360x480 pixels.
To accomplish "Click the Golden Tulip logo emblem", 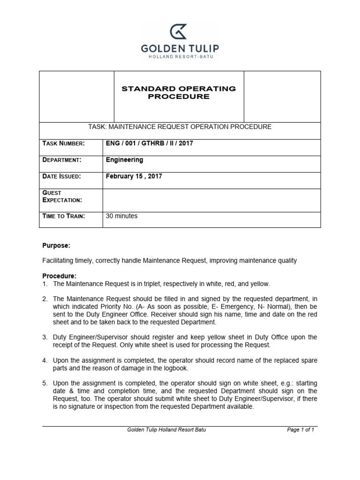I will tap(180, 31).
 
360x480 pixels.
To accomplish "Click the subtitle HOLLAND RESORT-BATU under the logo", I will tap(180, 57).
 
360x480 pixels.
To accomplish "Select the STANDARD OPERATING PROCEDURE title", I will tap(179, 92).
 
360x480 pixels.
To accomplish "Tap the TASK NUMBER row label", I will tap(63, 143).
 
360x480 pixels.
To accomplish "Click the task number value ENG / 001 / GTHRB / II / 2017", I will tap(150, 143).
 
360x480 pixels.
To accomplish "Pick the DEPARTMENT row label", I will tap(62, 160).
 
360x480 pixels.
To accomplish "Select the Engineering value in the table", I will tap(125, 160).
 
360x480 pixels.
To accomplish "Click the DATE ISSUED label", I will tap(62, 176).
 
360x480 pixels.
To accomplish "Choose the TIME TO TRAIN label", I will tap(64, 216).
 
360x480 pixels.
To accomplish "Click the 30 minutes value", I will tap(122, 216).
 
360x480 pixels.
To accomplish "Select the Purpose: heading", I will tap(56, 246).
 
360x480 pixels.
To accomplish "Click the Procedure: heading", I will tap(59, 276).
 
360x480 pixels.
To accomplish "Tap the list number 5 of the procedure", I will tap(45, 383).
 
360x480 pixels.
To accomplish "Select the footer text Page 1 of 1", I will tap(300, 430).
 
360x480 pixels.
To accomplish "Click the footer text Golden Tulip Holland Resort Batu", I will tap(166, 430).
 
